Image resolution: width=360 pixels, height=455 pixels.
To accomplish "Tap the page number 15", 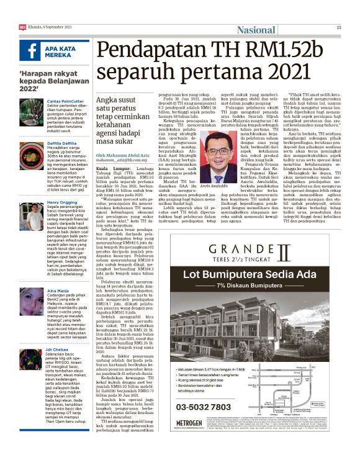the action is pyautogui.click(x=338, y=27).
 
